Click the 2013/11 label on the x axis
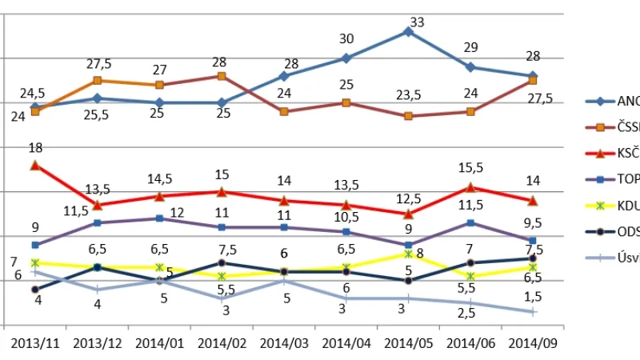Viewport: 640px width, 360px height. pos(35,343)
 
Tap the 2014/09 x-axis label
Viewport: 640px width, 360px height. pos(533,343)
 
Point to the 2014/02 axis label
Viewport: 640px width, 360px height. pos(222,343)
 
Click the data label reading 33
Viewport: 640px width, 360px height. pos(416,22)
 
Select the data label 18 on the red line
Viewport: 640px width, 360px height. pos(34,148)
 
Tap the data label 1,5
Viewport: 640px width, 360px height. pos(533,297)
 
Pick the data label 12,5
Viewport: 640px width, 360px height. pos(408,198)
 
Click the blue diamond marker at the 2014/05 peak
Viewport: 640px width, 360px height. pos(408,32)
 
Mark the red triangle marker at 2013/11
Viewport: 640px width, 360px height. pos(35,165)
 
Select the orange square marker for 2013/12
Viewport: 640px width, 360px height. pos(97,81)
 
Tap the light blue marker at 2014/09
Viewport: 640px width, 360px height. pos(533,312)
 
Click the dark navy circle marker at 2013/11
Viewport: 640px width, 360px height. pos(35,290)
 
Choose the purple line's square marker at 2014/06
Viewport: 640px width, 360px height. pos(470,222)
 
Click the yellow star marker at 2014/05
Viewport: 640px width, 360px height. pos(408,254)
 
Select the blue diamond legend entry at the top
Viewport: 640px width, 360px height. pos(612,101)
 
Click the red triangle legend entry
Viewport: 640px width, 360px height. pos(612,153)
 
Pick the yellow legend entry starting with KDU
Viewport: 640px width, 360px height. pos(612,206)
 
